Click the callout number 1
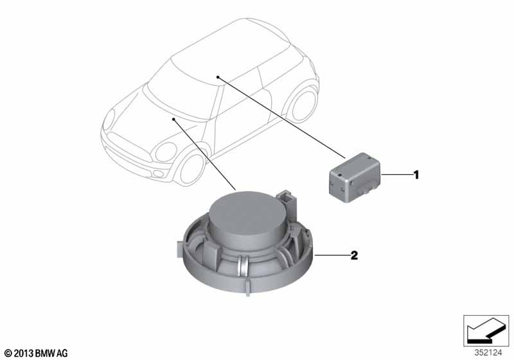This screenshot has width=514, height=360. [x=416, y=175]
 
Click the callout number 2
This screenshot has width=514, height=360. [x=354, y=255]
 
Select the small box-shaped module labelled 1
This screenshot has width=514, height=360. [x=355, y=177]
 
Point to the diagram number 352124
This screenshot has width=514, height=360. [x=488, y=353]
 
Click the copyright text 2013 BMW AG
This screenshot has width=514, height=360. [x=36, y=353]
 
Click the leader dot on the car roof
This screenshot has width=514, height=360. [x=217, y=77]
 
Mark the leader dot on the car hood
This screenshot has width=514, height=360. [x=173, y=119]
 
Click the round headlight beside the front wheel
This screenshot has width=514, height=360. [x=166, y=152]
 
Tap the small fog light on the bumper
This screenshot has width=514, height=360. [x=159, y=174]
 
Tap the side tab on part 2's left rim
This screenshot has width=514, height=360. [x=179, y=249]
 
